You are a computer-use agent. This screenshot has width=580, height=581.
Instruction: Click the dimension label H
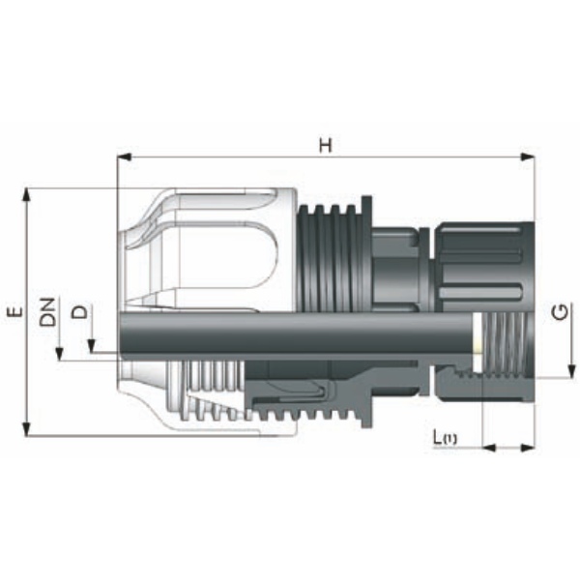point(326,146)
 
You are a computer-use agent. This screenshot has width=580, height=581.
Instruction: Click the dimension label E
point(15,311)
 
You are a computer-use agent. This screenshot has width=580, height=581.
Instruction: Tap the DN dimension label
point(47,311)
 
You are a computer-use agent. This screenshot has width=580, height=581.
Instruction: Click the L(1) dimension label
point(445,438)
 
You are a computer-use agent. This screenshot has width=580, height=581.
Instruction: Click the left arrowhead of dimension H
point(124,158)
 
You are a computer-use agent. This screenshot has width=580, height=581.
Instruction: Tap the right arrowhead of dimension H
point(528,158)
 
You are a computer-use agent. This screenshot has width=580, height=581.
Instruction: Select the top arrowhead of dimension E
point(26,195)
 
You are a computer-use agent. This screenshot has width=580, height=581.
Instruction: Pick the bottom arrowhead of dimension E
point(26,429)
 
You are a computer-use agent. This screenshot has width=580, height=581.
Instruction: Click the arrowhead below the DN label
point(59,354)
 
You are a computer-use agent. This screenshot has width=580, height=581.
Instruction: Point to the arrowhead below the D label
point(91,346)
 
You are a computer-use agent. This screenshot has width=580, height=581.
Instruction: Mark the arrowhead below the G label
point(571,371)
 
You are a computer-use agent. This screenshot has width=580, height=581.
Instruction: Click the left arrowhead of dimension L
point(489,448)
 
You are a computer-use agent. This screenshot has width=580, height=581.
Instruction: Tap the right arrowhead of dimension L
point(528,448)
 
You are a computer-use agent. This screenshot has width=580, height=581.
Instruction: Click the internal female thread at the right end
point(507,344)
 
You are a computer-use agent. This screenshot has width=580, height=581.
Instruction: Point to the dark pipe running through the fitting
point(296,333)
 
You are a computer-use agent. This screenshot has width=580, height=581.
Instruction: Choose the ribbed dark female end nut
point(484,267)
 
